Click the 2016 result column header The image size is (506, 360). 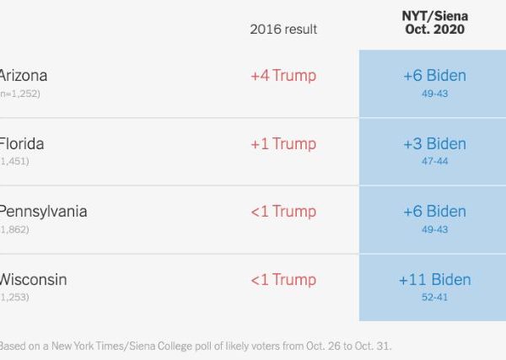point(283,29)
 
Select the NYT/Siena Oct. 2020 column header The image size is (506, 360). point(434,23)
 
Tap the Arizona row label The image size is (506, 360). point(23,76)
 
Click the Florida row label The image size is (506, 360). point(22,143)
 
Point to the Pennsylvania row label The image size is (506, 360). point(42,211)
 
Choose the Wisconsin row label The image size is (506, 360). point(33,279)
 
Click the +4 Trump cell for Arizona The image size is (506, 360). point(283,76)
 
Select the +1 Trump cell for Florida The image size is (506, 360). point(283,143)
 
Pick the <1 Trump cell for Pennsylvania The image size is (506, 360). point(283,212)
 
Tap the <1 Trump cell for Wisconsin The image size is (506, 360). point(283,279)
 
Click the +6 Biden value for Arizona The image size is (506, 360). point(434,76)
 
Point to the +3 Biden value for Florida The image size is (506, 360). point(434,143)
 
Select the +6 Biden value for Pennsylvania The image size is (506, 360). point(434,212)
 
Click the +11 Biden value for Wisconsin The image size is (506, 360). point(434,279)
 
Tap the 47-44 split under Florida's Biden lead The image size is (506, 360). point(434,161)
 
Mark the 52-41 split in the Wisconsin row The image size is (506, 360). point(434,297)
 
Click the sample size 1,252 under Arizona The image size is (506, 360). point(24,94)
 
